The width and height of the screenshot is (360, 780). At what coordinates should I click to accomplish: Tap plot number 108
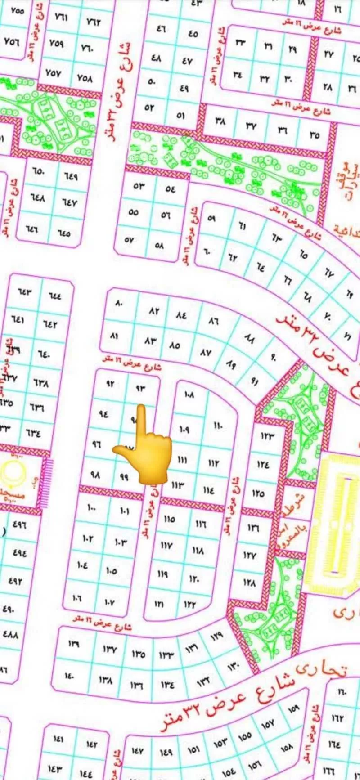(x=189, y=395)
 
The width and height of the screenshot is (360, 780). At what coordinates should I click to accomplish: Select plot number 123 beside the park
(x=267, y=435)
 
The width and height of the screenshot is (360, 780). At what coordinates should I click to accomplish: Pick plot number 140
(x=69, y=676)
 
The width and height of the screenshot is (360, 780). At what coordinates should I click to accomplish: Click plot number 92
(x=110, y=384)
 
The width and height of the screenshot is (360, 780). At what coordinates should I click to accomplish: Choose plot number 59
(x=211, y=218)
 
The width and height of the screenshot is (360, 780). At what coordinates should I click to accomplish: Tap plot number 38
(x=220, y=121)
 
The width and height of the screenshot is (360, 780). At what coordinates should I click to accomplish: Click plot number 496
(x=19, y=524)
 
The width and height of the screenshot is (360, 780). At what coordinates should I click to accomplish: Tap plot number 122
(x=190, y=605)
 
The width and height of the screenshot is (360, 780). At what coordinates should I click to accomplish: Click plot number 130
(x=234, y=665)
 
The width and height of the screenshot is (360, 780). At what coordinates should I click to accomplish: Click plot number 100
(x=91, y=508)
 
